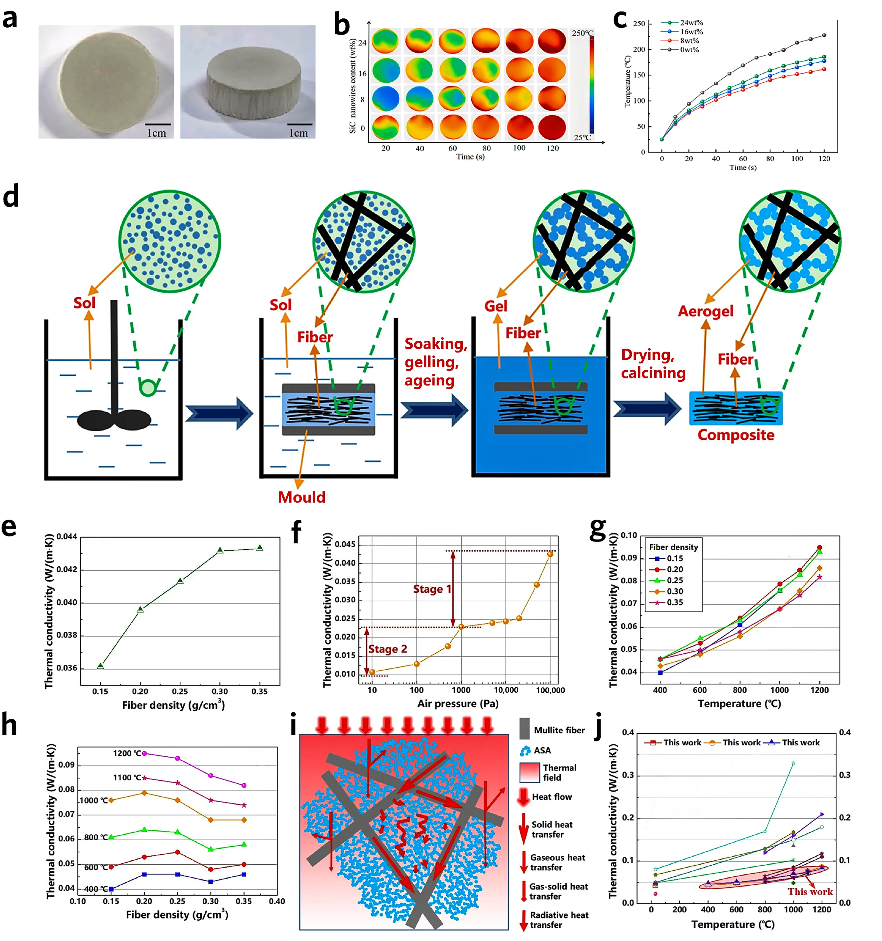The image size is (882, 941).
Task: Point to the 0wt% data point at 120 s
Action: click(824, 35)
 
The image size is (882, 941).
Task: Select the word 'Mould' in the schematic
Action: click(301, 497)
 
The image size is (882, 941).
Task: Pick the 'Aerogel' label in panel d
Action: click(706, 311)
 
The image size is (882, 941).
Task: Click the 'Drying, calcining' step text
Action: click(653, 363)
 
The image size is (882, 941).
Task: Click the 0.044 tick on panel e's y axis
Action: click(67, 537)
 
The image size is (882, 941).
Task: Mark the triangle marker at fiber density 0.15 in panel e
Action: click(100, 666)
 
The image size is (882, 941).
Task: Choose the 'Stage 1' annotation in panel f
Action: click(432, 589)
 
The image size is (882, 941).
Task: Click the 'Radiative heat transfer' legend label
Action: click(559, 920)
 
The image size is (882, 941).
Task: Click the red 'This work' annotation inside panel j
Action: click(810, 892)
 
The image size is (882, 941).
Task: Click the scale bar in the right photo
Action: click(299, 124)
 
